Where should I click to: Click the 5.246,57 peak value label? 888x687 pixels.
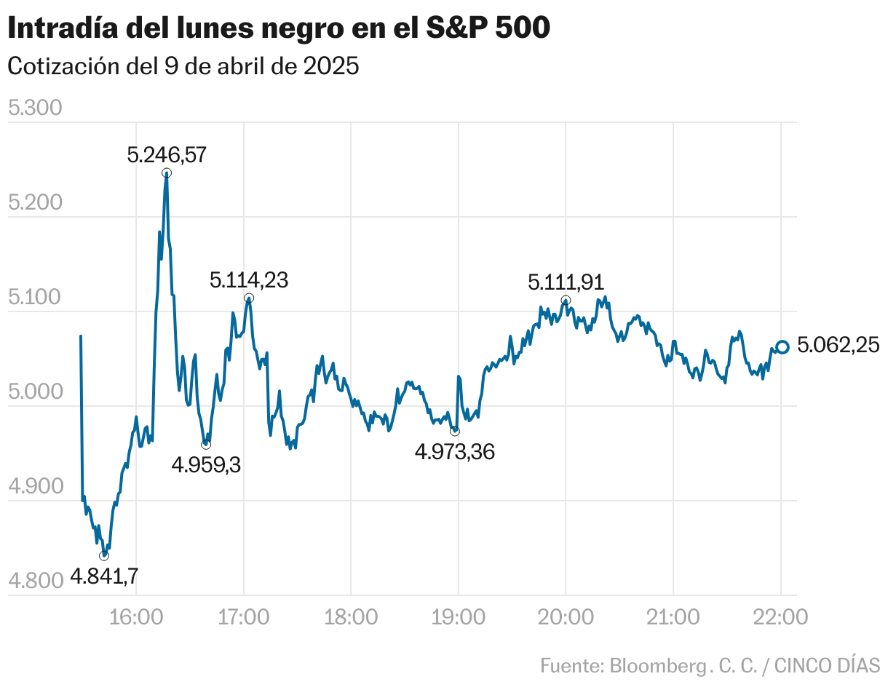(x=167, y=154)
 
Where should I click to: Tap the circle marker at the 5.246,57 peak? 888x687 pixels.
(x=167, y=173)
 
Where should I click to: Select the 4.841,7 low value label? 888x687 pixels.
(x=104, y=577)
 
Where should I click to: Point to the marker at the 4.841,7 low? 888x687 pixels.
(x=104, y=556)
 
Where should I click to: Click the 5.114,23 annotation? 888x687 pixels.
(x=249, y=280)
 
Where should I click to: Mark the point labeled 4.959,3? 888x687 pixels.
(x=206, y=445)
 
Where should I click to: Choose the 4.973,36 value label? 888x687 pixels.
(x=455, y=452)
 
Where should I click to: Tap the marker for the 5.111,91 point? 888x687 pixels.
(x=566, y=301)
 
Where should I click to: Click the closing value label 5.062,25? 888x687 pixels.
(x=838, y=346)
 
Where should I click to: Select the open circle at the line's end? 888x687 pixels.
(x=782, y=347)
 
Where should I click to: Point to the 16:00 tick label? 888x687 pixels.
(x=136, y=618)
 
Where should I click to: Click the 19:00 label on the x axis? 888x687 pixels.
(x=459, y=618)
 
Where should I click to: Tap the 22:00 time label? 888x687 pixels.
(x=780, y=618)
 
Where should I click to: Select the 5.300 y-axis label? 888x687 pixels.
(x=34, y=109)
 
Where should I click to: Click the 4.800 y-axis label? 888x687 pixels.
(x=34, y=581)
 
